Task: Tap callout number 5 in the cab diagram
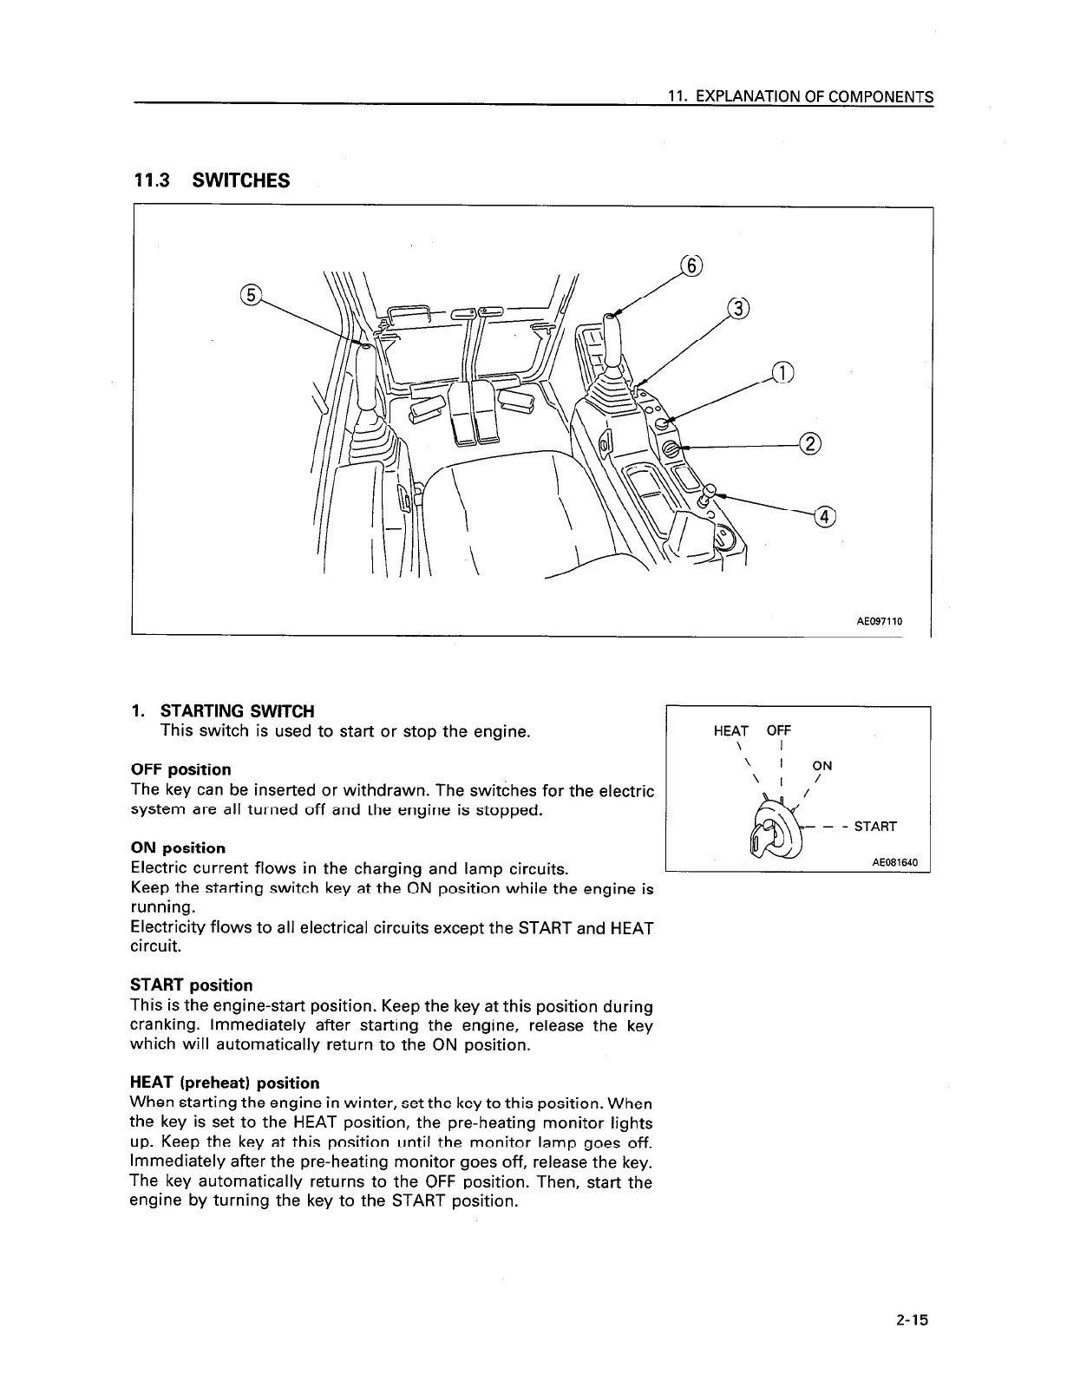249,295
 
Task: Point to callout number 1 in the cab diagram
782,372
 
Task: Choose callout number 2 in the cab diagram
808,444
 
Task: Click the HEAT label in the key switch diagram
730,730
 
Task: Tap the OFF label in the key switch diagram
779,730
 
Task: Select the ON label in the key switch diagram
822,765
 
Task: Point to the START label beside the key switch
875,826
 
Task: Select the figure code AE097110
879,621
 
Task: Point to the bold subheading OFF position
180,769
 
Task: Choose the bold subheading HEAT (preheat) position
224,1083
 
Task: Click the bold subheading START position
191,985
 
